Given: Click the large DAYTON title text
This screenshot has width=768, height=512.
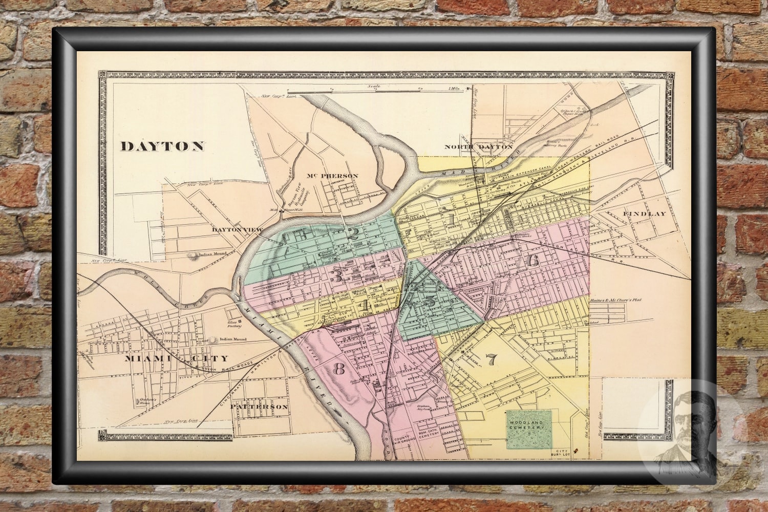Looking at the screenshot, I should tap(162, 146).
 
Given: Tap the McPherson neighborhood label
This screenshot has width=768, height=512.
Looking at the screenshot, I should tap(332, 176).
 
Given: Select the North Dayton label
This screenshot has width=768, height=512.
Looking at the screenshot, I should tap(478, 147).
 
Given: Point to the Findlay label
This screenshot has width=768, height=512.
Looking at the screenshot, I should tap(644, 213).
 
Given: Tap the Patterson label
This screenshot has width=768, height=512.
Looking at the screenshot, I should tap(259, 407).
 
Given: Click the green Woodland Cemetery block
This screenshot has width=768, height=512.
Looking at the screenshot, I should tap(529, 429).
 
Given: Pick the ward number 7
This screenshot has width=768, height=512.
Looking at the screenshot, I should tap(492, 360).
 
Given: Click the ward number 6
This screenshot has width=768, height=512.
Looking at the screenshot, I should tap(532, 260).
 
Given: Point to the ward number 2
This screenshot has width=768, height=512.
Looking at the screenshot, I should tap(353, 234).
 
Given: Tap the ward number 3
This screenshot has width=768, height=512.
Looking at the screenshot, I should tap(337, 277).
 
